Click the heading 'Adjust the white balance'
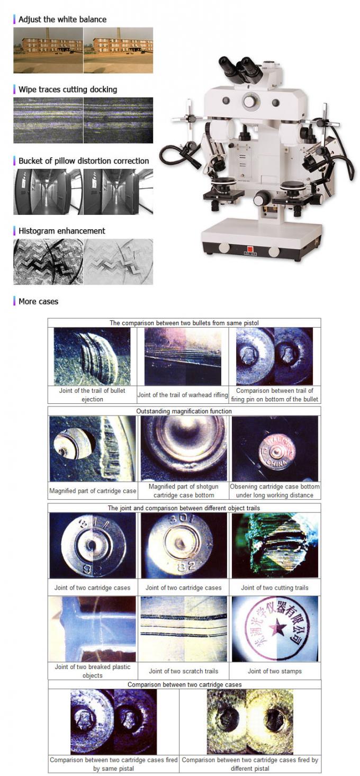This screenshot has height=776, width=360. (x=62, y=20)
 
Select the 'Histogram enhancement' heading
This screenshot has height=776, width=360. (x=61, y=231)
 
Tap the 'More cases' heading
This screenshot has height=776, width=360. (x=38, y=301)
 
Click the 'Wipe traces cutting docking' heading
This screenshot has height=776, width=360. (x=68, y=89)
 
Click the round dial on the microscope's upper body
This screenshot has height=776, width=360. (x=249, y=101)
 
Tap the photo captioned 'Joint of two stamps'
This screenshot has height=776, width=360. (x=275, y=628)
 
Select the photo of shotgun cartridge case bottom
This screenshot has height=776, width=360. (x=184, y=448)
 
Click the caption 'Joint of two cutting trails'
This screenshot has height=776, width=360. (x=274, y=588)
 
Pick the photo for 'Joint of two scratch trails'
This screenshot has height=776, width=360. (x=184, y=628)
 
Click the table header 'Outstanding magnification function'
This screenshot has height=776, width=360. (x=184, y=411)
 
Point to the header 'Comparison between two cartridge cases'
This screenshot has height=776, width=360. (x=184, y=684)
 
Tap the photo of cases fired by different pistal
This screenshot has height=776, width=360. (x=250, y=721)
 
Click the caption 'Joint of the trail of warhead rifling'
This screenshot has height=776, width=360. (x=183, y=395)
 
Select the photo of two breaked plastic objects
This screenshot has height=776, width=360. (x=92, y=628)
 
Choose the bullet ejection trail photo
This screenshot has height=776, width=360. (x=92, y=356)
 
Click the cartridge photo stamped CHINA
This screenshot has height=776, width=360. (x=275, y=448)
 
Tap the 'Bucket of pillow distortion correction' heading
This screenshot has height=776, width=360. (x=84, y=161)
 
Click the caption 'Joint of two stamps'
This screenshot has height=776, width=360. (x=274, y=671)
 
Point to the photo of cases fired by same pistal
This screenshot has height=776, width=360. (x=113, y=721)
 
